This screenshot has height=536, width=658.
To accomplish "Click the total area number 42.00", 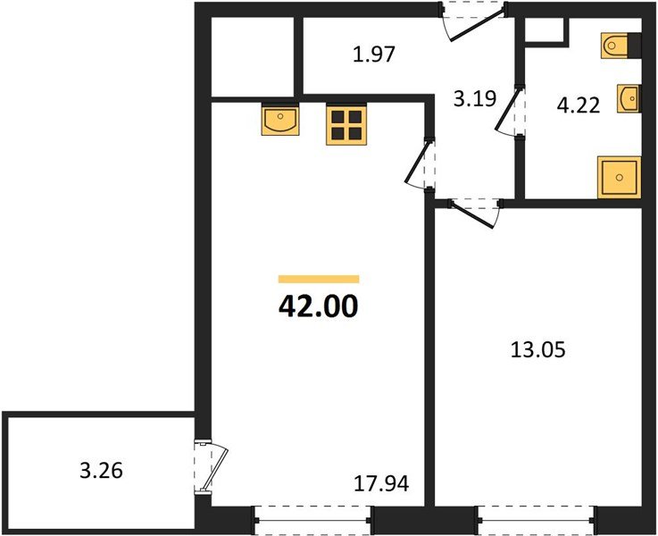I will tap(319, 306).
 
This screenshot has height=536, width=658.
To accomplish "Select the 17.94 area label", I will tap(381, 485).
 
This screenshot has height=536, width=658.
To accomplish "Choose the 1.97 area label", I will tap(373, 54).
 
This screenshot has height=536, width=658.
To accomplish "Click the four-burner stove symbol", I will tap(346, 124).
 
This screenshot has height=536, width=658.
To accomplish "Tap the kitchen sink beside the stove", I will tap(280, 121).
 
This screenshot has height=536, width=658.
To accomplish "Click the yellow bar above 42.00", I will tap(319, 279).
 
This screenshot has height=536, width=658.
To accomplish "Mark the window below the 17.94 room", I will tap(312, 519).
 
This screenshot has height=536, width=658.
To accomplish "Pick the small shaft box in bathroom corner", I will tap(545, 32).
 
